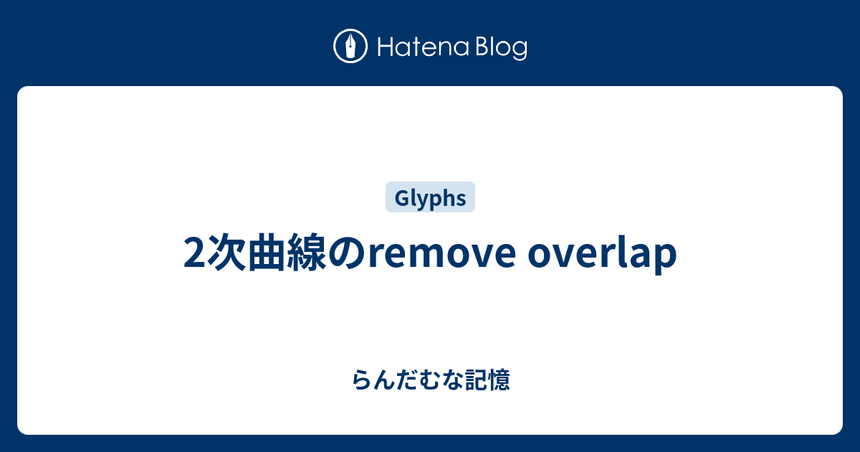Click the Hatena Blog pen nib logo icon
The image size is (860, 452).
350,46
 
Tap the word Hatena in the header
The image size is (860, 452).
424,47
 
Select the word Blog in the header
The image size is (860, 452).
502,48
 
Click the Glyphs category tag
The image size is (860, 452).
430,197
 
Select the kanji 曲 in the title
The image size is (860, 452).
267,253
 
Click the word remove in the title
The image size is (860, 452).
442,255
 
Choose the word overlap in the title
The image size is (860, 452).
602,255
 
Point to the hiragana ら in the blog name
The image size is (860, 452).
362,380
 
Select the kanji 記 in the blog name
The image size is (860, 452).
476,380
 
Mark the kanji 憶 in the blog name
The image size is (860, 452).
499,380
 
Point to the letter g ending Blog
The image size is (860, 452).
520,51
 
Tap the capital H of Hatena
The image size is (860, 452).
386,47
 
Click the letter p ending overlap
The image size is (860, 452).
666,259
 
